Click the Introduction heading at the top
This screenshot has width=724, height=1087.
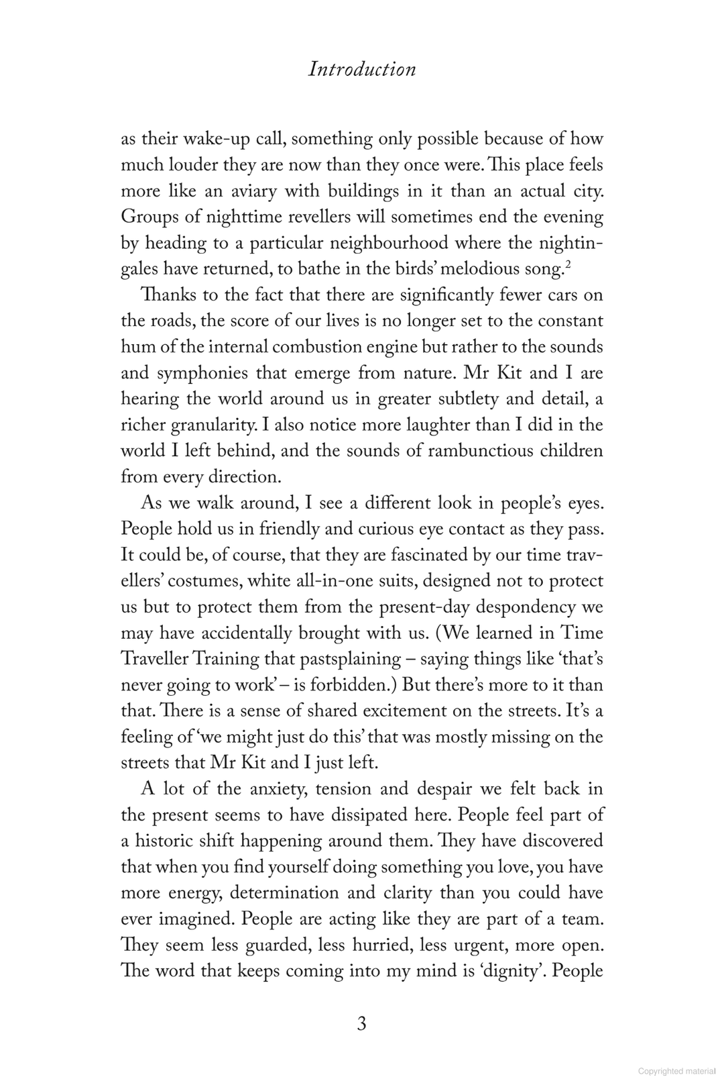(x=362, y=69)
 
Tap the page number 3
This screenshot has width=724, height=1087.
(x=361, y=1025)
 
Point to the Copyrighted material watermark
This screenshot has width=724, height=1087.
(x=677, y=1072)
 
